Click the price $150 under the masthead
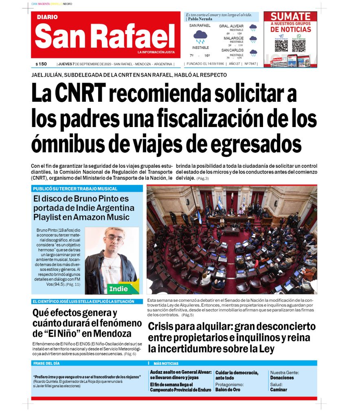coord(41,64)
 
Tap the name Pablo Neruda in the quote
coord(200,19)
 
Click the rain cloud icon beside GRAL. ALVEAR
coord(253,28)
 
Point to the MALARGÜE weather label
coord(234,38)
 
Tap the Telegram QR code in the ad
coord(281,45)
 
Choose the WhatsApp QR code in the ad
coord(299,45)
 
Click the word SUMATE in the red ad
coord(290,17)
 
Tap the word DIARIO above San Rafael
coord(47,17)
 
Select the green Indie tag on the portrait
coord(119,289)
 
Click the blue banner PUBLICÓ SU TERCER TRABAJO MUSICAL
coord(75,189)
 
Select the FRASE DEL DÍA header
coord(46,363)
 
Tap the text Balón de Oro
coord(228,390)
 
